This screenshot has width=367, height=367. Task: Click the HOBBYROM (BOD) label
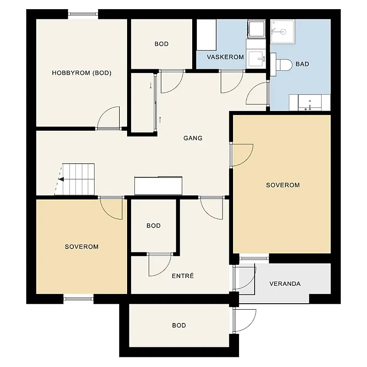(x=82, y=73)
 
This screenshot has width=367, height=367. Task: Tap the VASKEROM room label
(x=225, y=57)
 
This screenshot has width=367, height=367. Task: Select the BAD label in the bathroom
(x=302, y=64)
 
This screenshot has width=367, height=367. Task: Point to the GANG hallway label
(x=193, y=138)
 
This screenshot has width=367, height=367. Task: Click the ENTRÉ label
(x=183, y=276)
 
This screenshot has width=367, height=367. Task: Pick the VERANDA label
(x=285, y=284)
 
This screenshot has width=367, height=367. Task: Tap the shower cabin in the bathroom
(x=283, y=32)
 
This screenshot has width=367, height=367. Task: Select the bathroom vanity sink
(x=310, y=102)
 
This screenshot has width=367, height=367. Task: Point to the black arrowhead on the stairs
(x=61, y=179)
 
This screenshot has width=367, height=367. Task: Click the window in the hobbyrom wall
(x=83, y=14)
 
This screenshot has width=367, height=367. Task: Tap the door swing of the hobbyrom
(x=108, y=117)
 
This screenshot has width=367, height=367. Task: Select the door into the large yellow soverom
(x=242, y=155)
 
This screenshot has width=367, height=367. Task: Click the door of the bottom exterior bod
(x=245, y=320)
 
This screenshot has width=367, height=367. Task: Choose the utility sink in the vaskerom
(x=256, y=59)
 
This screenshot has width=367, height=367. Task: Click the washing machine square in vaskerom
(x=256, y=29)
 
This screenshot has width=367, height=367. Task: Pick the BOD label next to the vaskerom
(x=161, y=44)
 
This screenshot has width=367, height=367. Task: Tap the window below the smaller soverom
(x=78, y=299)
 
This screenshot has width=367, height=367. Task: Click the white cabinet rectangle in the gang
(x=158, y=186)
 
